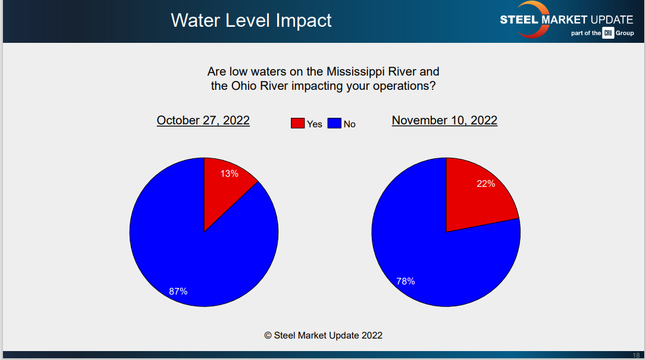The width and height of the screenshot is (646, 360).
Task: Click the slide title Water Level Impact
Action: point(251,20)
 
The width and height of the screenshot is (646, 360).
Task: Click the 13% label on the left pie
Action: point(230,174)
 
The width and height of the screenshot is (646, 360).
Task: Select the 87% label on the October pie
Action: point(178,291)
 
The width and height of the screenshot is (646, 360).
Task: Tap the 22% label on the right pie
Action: point(485,184)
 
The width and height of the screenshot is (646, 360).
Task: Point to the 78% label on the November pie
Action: point(405,281)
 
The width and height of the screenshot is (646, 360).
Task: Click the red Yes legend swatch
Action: point(297,123)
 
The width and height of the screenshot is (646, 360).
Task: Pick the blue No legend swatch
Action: point(334,123)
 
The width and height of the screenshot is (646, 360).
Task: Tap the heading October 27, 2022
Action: point(203,120)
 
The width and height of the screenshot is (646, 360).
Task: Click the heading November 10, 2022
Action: point(444,120)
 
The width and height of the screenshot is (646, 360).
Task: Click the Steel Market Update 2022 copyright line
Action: point(323,335)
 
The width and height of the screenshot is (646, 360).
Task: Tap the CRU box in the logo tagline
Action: point(608,33)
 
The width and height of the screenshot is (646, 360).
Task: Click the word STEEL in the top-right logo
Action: point(519,20)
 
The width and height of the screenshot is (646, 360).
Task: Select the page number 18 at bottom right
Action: point(636,355)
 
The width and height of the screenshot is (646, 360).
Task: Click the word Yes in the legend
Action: point(314,124)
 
